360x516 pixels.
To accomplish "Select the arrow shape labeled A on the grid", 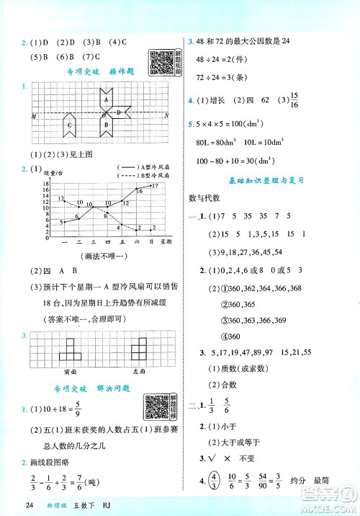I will point(106,99).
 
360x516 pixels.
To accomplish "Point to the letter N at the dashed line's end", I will point(167,115).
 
